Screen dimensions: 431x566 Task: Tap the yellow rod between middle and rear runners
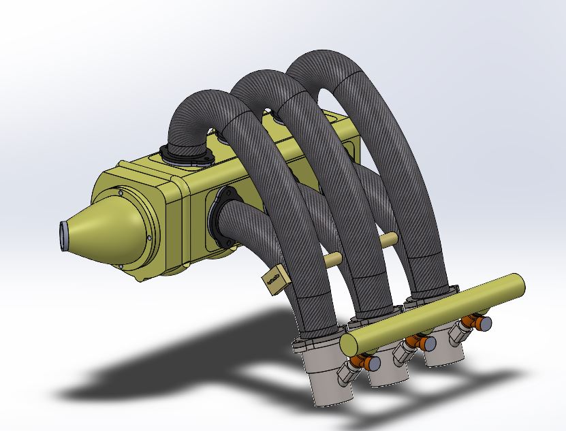click(x=390, y=239)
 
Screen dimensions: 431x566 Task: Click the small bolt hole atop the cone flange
click(x=121, y=193)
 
